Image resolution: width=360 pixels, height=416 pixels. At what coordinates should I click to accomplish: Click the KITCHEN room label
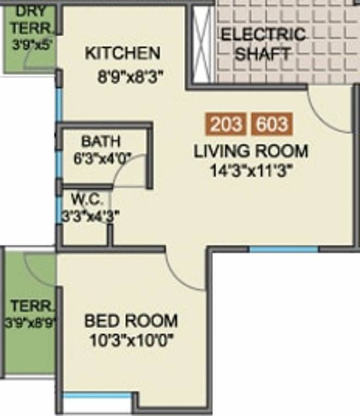[x=123, y=53]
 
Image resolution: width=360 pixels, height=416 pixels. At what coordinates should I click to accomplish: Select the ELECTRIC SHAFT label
[x=263, y=44]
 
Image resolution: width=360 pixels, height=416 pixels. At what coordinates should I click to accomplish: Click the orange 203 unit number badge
[x=226, y=125]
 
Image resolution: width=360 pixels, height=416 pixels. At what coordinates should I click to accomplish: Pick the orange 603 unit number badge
[x=272, y=125]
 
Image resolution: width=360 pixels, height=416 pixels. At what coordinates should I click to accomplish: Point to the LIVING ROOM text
[x=251, y=151]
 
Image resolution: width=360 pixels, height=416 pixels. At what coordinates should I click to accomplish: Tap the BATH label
[x=101, y=141]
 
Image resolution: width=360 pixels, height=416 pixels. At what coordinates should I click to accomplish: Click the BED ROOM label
[x=131, y=321]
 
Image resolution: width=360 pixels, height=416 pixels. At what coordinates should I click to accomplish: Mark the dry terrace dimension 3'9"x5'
[x=31, y=44]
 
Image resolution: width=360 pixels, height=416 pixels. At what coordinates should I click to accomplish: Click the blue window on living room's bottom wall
[x=283, y=249]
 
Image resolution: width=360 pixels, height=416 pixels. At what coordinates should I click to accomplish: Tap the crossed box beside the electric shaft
[x=201, y=43]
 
